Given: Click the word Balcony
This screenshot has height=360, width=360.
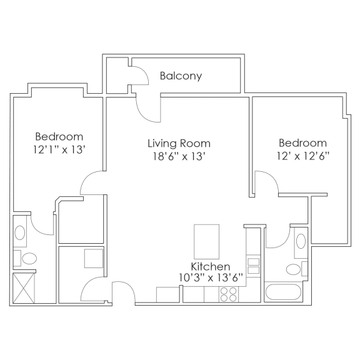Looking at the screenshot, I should [x=181, y=76].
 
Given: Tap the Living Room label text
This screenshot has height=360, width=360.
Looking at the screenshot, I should [x=179, y=143].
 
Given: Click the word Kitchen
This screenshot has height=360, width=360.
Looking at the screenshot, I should [x=211, y=267].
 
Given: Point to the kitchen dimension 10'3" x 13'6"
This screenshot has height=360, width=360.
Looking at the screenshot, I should [x=211, y=278].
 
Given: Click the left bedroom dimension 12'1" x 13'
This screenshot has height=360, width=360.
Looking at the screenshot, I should [x=59, y=150].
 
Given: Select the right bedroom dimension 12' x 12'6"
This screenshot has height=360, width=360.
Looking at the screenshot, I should [x=302, y=156].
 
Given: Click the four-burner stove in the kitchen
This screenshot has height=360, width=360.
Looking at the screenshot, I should [x=228, y=294].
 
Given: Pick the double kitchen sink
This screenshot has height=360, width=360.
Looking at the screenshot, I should [x=253, y=265].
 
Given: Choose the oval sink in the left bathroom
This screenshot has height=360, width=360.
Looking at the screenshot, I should [x=20, y=234].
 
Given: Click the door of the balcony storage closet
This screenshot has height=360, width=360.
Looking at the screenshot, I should [x=137, y=76].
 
